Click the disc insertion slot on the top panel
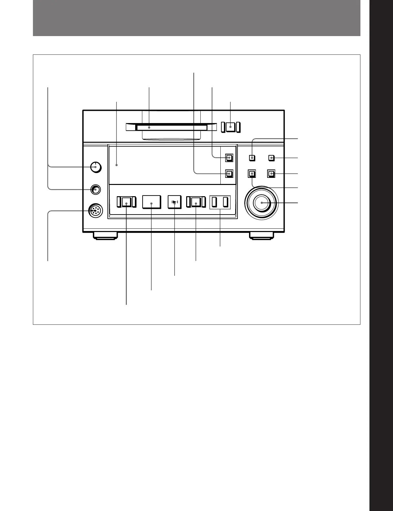pos(171,128)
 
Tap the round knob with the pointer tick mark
pos(96,167)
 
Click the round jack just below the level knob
pos(95,189)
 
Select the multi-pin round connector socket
pos(95,211)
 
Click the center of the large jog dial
pos(262,203)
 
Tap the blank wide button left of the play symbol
pos(151,202)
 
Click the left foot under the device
pos(105,236)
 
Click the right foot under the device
pos(261,236)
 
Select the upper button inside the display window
pos(229,158)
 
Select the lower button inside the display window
pos(229,174)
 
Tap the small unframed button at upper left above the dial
pos(252,158)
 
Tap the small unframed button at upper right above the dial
pos(272,158)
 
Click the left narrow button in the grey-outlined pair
pos(214,202)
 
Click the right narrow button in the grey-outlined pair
pos(226,202)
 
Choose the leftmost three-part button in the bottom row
pos(126,202)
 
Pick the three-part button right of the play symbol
pos(196,202)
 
